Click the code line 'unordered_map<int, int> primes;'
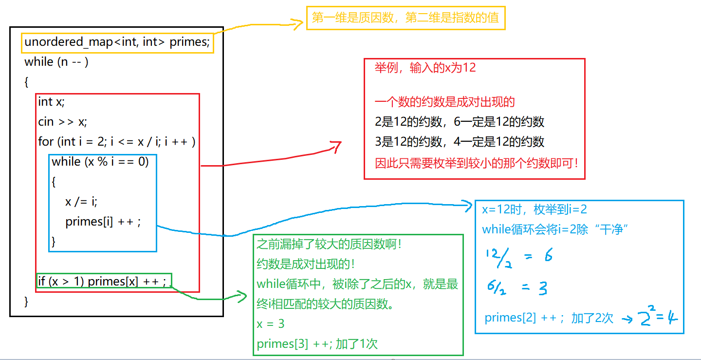pos(117,42)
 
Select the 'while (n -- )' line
pos(56,62)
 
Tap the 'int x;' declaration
pos(51,102)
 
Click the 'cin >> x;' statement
pos(63,122)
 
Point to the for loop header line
pos(117,142)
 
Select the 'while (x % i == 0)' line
pos(100,161)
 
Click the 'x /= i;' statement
pos(81,202)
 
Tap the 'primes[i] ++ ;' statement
pos(103,222)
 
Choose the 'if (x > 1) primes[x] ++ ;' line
pos(102,282)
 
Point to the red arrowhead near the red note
pos(336,145)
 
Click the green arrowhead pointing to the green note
pos(242,296)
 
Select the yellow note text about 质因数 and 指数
pos(406,19)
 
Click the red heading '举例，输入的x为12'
pos(425,68)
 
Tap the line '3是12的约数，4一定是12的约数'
pos(460,142)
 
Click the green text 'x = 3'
pos(271,324)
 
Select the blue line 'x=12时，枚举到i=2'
pos(534,210)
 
